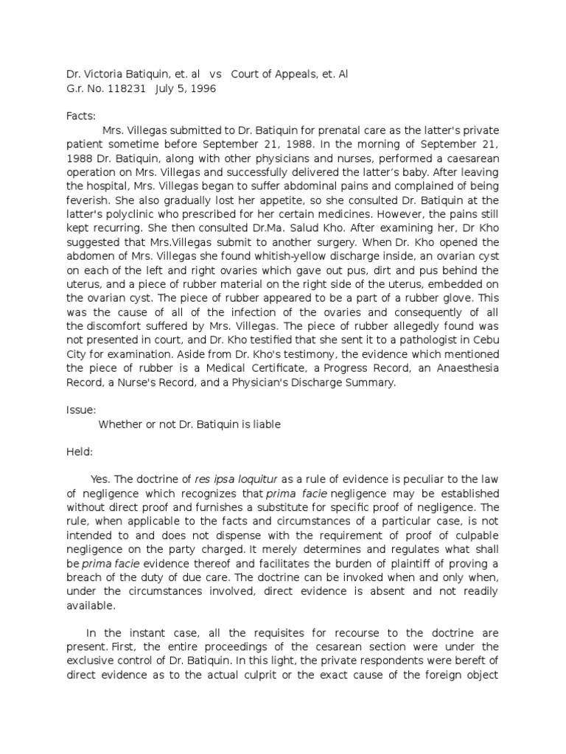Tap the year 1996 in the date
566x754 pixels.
(x=202, y=89)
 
